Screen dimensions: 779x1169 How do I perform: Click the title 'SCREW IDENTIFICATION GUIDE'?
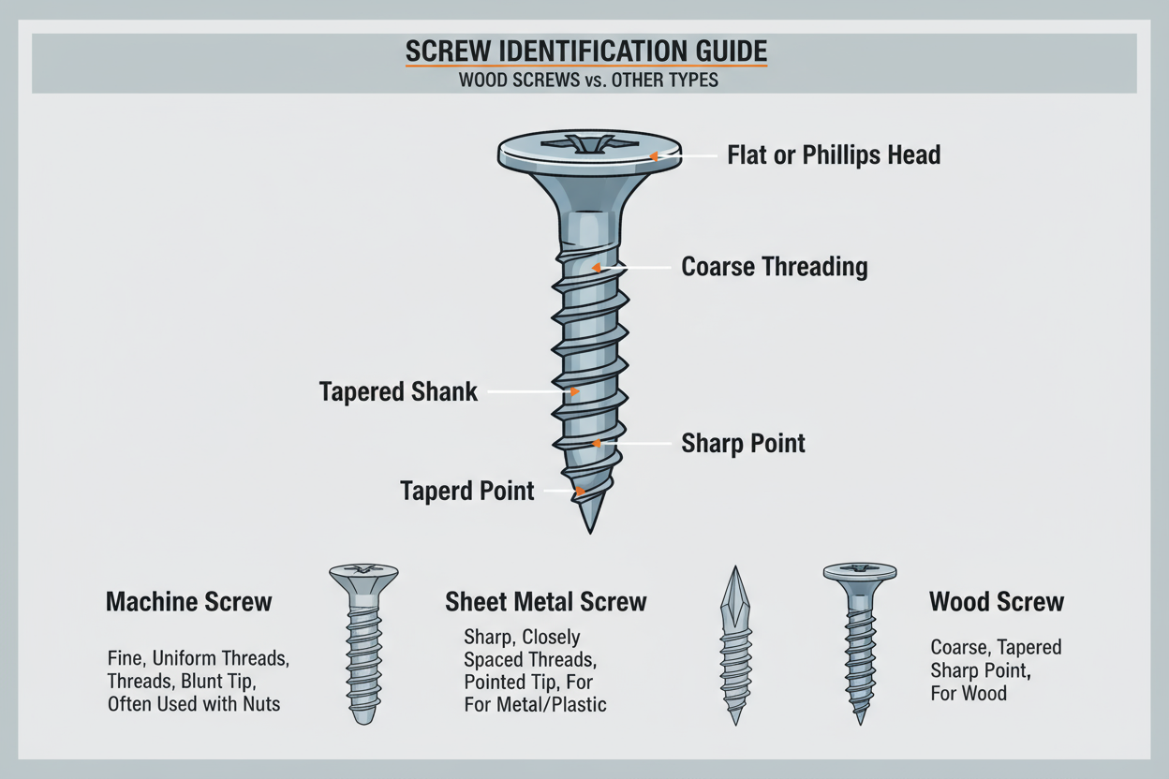coord(585,52)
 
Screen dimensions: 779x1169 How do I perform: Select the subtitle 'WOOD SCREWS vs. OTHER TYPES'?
coord(588,81)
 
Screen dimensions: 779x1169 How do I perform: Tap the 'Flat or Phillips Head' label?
coord(834,155)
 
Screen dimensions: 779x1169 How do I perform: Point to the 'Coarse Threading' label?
coord(774,267)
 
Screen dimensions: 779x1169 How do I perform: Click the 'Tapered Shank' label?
coord(398,391)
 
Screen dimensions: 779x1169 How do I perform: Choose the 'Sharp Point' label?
coord(743,443)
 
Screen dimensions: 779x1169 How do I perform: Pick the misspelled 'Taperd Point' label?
coord(466,491)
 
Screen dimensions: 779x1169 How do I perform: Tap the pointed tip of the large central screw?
coord(589,528)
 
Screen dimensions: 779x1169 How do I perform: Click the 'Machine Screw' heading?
coord(188,602)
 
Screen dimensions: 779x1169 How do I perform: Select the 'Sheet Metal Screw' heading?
coord(545,602)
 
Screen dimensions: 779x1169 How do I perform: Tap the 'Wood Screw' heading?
coord(996,602)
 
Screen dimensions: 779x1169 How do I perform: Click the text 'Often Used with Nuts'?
coord(194,703)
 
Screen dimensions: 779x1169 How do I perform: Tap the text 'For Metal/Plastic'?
coord(535,704)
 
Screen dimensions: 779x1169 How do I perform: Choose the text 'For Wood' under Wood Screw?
coord(969,694)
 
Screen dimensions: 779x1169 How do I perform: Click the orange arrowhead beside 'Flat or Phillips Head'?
coord(655,156)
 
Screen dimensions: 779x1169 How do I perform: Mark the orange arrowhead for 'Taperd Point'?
coord(581,491)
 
